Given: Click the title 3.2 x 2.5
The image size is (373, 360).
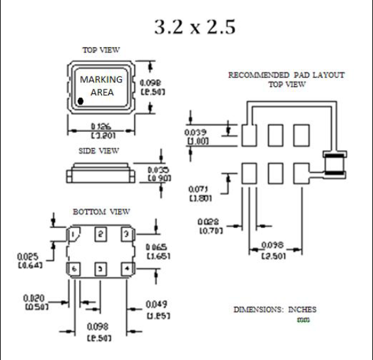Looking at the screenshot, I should pyautogui.click(x=194, y=27).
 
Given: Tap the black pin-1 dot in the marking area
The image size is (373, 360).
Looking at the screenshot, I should pyautogui.click(x=80, y=101).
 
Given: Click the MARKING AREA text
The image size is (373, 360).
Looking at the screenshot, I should pyautogui.click(x=101, y=86).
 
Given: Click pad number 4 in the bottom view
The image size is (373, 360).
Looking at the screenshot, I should pyautogui.click(x=125, y=268).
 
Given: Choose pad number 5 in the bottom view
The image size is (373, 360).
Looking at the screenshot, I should pyautogui.click(x=100, y=268).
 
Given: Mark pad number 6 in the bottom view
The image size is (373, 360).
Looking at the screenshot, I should pyautogui.click(x=75, y=268).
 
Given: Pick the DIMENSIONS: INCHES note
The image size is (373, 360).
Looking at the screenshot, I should pyautogui.click(x=275, y=309).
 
